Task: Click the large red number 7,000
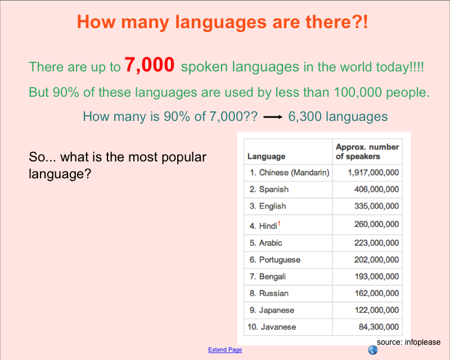(x=150, y=65)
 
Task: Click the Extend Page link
(x=225, y=349)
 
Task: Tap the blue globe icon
(x=373, y=350)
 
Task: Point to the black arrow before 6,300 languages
(x=273, y=117)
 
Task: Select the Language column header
(x=266, y=156)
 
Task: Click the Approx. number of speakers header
(x=367, y=151)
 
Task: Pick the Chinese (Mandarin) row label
(x=290, y=173)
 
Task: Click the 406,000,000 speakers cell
(x=376, y=189)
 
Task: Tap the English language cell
(x=268, y=206)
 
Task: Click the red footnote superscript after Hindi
(x=279, y=224)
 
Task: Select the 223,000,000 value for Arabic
(x=376, y=243)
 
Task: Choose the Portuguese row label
(x=275, y=260)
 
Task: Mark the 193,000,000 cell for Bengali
(x=376, y=276)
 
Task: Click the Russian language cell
(x=269, y=293)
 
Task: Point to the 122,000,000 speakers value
(x=376, y=310)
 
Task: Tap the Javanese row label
(x=272, y=327)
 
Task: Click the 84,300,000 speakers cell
(x=379, y=327)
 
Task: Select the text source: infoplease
(x=409, y=342)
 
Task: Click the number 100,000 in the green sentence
(x=358, y=92)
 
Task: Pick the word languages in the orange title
(x=221, y=22)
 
